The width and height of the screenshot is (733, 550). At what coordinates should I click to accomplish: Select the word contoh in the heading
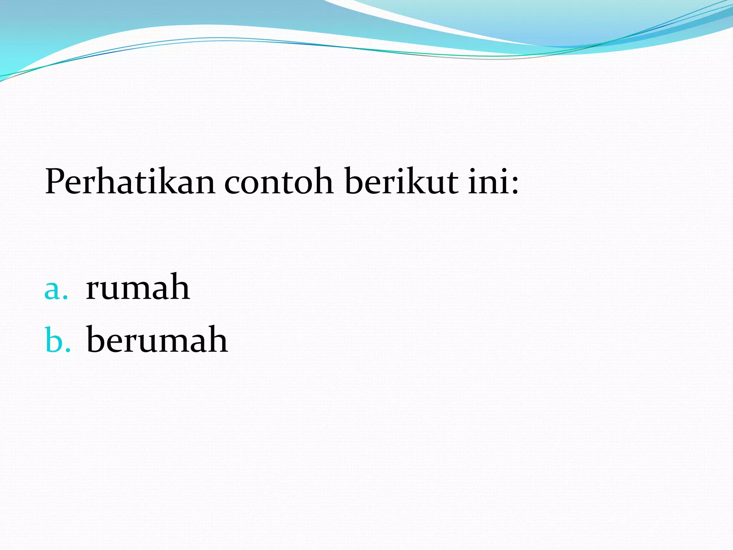[x=279, y=182]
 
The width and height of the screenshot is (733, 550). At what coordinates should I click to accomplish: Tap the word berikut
[x=401, y=182]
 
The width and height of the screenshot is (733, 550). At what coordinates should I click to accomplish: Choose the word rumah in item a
[x=138, y=287]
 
